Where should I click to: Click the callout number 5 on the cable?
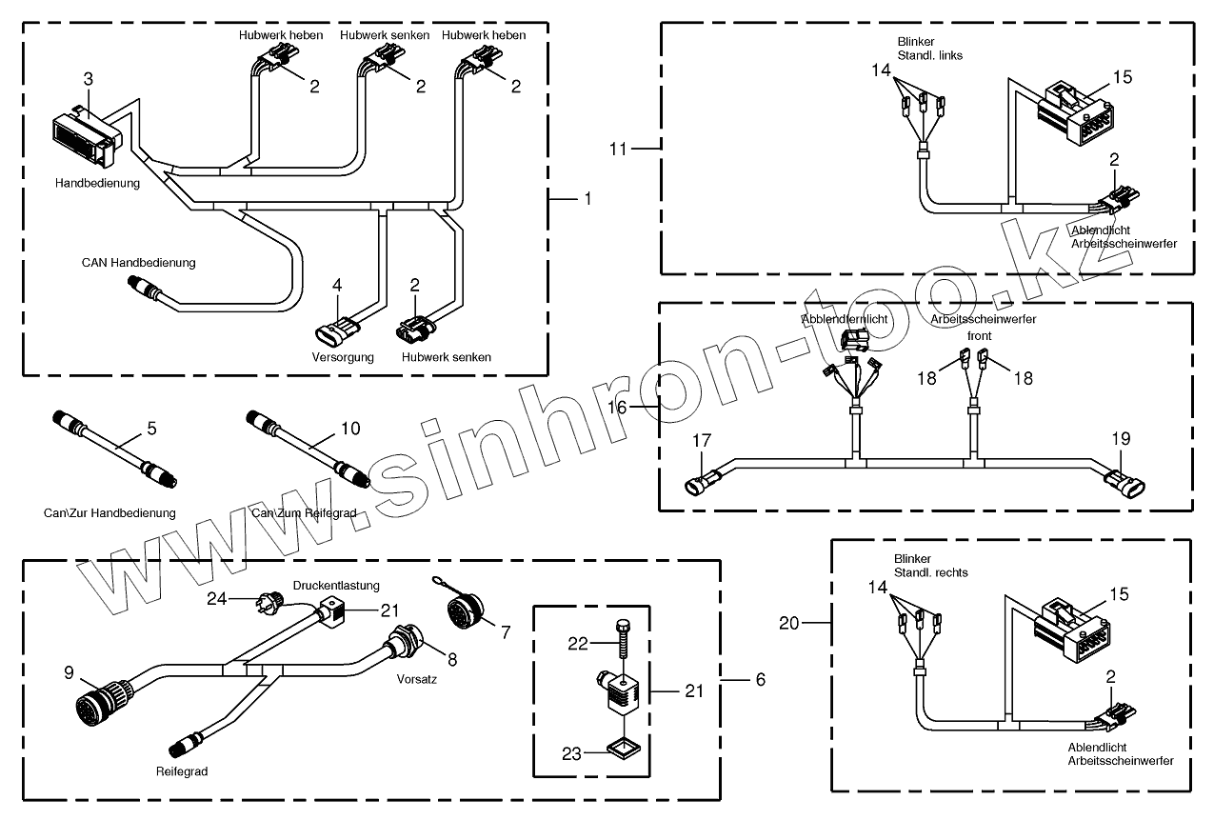[151, 429]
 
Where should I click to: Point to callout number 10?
[350, 429]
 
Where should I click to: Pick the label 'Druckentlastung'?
[335, 585]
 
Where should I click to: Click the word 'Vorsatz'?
[417, 681]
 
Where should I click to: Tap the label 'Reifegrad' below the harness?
[181, 770]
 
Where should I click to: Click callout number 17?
[702, 442]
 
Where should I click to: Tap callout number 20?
[788, 624]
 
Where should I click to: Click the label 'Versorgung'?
[343, 357]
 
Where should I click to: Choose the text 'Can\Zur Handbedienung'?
[109, 513]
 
